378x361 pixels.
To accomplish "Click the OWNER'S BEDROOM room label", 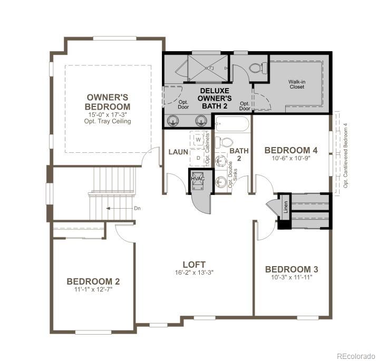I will pyautogui.click(x=108, y=102).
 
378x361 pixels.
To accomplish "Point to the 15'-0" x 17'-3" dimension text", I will pyautogui.click(x=108, y=114).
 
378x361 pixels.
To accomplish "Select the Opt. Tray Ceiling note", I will pyautogui.click(x=108, y=121).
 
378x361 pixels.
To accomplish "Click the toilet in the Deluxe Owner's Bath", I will pyautogui.click(x=256, y=68).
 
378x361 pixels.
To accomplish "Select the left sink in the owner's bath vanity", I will pyautogui.click(x=172, y=121).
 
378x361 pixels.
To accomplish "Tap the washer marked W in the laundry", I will pyautogui.click(x=199, y=140).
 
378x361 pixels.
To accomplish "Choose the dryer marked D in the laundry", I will pyautogui.click(x=199, y=158).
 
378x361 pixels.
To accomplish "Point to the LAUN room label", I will pyautogui.click(x=178, y=152).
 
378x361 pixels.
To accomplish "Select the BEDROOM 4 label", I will pyautogui.click(x=292, y=149).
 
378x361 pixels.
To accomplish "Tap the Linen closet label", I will pyautogui.click(x=285, y=203).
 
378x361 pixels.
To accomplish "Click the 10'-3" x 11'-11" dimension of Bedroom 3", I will pyautogui.click(x=292, y=278).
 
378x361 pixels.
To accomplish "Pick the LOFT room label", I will pyautogui.click(x=194, y=264).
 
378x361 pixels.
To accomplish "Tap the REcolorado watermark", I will pyautogui.click(x=355, y=355).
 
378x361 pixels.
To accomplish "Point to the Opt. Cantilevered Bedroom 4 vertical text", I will pyautogui.click(x=346, y=155).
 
